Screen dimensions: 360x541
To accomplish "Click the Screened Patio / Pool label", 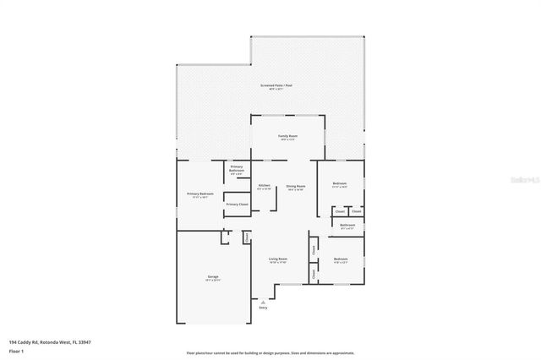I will [276, 86].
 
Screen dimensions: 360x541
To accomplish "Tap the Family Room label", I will [288, 136].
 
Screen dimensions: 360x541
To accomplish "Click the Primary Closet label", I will [238, 205].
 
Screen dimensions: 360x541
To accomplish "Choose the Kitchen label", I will [265, 185].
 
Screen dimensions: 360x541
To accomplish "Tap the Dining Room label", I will [295, 185].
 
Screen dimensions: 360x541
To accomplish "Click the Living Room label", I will [278, 259].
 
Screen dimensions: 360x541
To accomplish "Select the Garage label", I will [213, 276].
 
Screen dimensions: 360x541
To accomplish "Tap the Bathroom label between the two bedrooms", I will [347, 226].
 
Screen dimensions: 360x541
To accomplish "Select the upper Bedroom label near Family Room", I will [339, 183].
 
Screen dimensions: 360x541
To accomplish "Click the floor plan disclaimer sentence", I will [270, 353].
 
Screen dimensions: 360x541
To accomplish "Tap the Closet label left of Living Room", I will [247, 238].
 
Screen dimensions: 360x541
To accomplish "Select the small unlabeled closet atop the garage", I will [225, 237].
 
